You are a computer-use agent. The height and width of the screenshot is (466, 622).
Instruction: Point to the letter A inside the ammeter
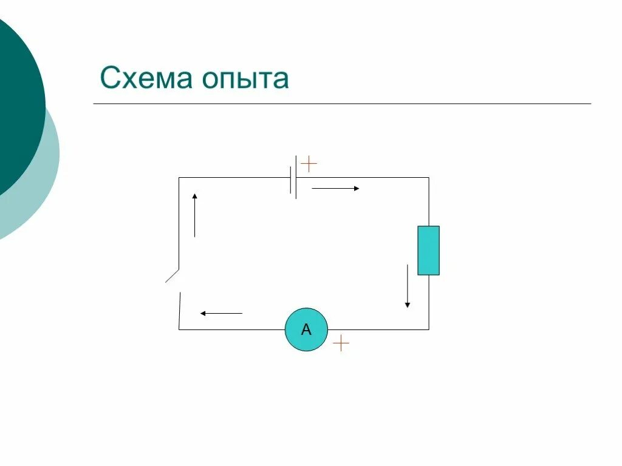(306, 330)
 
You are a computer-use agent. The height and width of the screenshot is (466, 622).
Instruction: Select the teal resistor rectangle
(428, 250)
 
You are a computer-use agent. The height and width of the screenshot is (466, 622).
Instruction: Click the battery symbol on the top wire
(293, 177)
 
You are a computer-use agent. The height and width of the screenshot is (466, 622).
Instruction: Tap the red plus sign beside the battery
(309, 164)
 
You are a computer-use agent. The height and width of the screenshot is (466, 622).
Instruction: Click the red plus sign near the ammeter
(341, 343)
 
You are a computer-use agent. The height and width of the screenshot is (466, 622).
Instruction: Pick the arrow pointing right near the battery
(335, 189)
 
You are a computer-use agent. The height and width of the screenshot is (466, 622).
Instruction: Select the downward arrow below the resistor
(407, 286)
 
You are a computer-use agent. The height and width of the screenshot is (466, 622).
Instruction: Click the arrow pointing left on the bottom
(221, 314)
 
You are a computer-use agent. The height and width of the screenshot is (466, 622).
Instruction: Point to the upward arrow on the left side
(194, 215)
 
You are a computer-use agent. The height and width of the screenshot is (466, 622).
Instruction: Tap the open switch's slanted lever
(173, 275)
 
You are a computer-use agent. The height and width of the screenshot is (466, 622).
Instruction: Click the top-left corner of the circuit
(179, 178)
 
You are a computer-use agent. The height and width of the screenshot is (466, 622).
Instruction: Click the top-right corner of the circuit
(429, 178)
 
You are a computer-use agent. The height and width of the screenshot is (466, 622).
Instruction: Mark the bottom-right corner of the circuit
(429, 329)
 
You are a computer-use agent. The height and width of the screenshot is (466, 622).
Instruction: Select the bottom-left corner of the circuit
(179, 329)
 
